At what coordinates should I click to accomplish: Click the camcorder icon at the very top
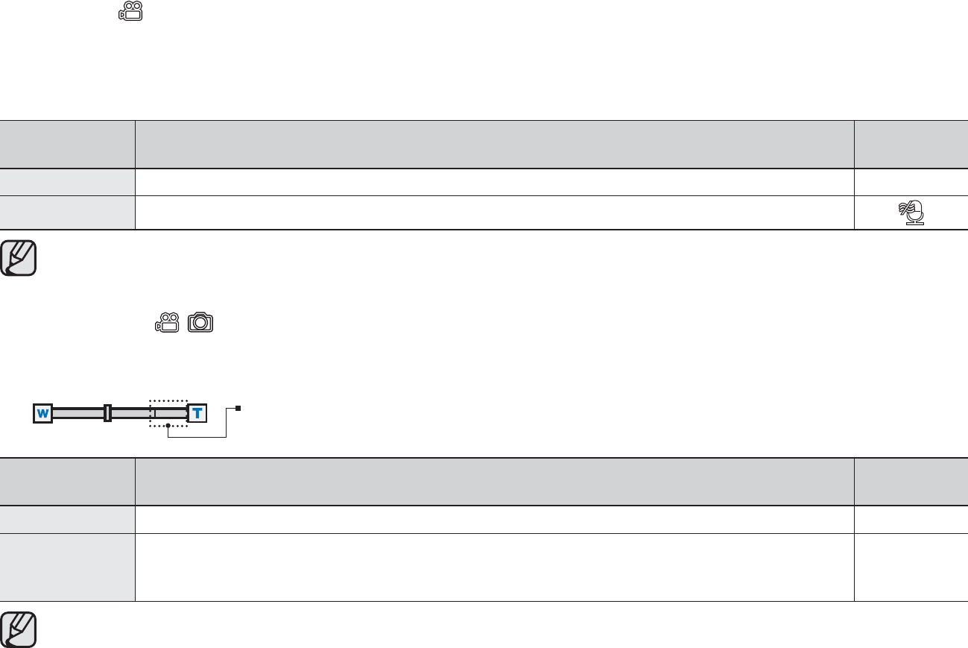point(130,11)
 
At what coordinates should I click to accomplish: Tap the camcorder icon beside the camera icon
point(167,322)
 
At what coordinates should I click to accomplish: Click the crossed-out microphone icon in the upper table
point(911,213)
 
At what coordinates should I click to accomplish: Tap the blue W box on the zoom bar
point(42,413)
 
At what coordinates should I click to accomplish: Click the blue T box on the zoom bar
point(197,413)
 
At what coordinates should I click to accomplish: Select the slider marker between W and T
point(108,413)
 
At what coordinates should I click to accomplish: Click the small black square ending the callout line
point(238,409)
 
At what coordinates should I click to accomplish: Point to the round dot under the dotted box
point(168,426)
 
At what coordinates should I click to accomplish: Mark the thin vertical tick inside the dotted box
point(155,413)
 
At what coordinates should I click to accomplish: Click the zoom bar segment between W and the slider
point(78,413)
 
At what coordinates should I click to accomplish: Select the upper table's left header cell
point(67,145)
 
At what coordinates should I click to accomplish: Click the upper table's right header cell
point(911,145)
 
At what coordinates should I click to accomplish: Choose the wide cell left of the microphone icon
point(494,213)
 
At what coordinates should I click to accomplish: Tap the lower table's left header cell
point(67,482)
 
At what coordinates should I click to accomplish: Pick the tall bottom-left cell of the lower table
point(67,567)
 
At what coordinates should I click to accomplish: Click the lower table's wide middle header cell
point(494,482)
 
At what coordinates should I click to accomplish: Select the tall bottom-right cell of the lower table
point(911,567)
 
